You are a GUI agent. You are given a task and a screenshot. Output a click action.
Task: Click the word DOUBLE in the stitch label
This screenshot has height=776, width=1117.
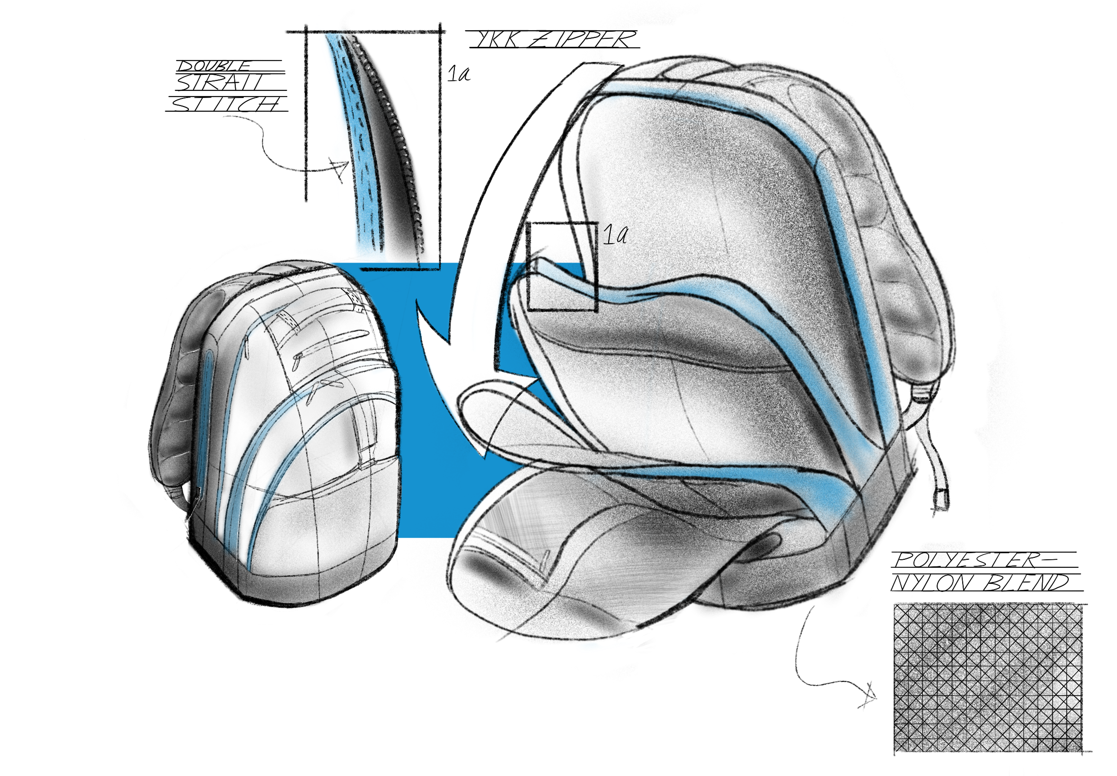tap(214, 66)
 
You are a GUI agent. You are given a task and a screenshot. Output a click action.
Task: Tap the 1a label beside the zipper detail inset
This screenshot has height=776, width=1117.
tap(459, 74)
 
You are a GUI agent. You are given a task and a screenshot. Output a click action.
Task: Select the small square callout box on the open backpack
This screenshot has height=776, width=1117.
tap(562, 266)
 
